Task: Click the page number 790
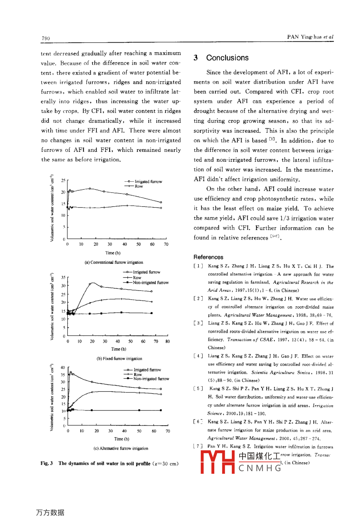click(x=46, y=38)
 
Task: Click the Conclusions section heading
click(x=227, y=58)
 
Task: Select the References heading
click(x=208, y=257)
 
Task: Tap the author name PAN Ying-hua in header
click(x=305, y=37)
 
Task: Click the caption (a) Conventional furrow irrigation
click(x=113, y=262)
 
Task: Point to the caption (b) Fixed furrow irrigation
click(x=119, y=358)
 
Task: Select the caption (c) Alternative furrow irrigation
click(x=121, y=448)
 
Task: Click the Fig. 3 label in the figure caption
click(x=47, y=463)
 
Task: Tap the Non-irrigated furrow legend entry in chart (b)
click(x=151, y=283)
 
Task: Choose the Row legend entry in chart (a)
click(x=139, y=186)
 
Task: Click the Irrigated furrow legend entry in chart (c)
click(x=147, y=370)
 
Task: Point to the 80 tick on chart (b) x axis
click(x=168, y=342)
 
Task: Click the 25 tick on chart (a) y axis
click(x=63, y=181)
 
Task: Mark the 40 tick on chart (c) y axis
click(x=63, y=368)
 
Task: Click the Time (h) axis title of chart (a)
click(x=113, y=253)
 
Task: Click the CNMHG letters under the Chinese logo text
click(x=260, y=468)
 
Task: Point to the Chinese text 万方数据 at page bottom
click(x=50, y=512)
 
